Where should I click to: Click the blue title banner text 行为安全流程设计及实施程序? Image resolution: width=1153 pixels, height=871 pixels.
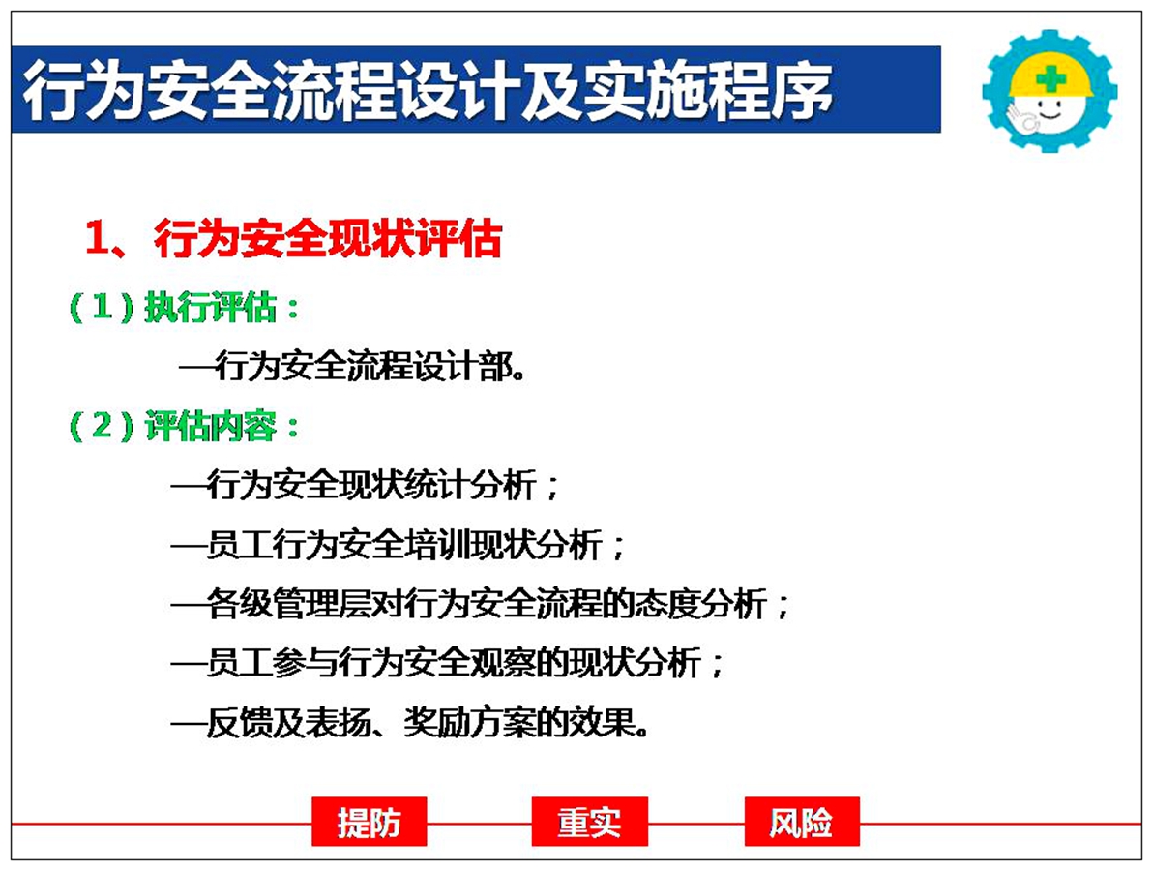tap(428, 90)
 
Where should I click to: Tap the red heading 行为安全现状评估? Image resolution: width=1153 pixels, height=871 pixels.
tap(328, 238)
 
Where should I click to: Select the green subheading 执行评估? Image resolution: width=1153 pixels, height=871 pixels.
tap(210, 307)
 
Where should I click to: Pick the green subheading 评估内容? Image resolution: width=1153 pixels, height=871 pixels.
tap(210, 425)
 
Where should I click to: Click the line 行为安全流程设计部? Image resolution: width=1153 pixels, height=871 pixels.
tap(352, 367)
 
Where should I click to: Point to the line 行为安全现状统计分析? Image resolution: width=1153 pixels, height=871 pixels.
tap(366, 485)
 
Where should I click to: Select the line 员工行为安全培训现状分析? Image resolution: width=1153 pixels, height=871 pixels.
tap(398, 544)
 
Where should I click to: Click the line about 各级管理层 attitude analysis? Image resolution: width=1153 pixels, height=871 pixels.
tap(480, 604)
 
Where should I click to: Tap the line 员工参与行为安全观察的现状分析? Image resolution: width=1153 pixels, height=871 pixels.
tap(447, 664)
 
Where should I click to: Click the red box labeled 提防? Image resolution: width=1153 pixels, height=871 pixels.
tap(370, 822)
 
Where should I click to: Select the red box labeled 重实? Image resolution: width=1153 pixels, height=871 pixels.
tap(589, 822)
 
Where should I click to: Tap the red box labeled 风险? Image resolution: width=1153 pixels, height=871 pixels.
tap(802, 822)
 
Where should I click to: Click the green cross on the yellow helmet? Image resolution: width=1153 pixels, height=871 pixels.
tap(1050, 78)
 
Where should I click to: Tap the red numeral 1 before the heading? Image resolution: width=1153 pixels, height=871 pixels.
tap(97, 238)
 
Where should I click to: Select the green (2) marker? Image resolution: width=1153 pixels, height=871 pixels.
tap(103, 425)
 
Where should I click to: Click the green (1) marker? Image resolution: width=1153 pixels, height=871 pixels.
tap(103, 307)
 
